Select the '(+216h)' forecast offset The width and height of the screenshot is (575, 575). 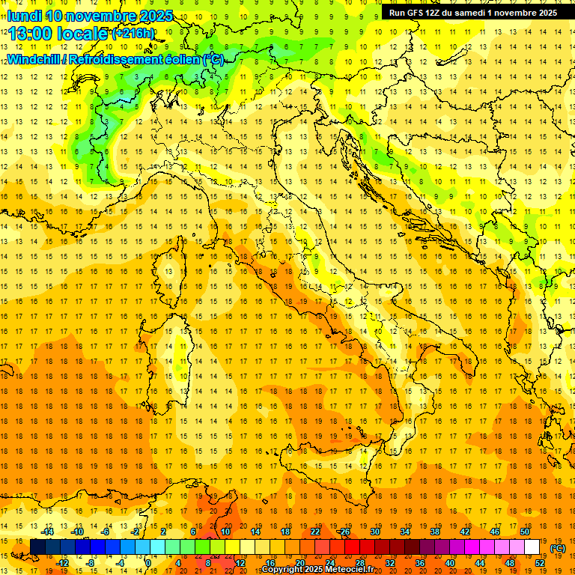pyautogui.click(x=133, y=34)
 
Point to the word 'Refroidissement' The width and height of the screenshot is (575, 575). pyautogui.click(x=123, y=59)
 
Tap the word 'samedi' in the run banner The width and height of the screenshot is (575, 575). pyautogui.click(x=470, y=13)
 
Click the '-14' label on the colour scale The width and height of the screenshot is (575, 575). pyautogui.click(x=48, y=532)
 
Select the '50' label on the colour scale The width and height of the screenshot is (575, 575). pyautogui.click(x=525, y=532)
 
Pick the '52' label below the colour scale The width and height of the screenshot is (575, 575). pyautogui.click(x=540, y=563)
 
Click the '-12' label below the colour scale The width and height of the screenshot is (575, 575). pyautogui.click(x=63, y=563)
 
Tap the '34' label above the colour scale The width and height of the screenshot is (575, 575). pyautogui.click(x=405, y=532)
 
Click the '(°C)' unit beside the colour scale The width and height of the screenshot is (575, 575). pyautogui.click(x=557, y=547)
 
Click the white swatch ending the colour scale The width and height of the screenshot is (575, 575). pyautogui.click(x=532, y=547)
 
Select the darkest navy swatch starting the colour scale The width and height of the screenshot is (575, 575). pyautogui.click(x=37, y=547)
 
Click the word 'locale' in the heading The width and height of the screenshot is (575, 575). pyautogui.click(x=82, y=34)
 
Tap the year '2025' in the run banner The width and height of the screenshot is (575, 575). pyautogui.click(x=544, y=13)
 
